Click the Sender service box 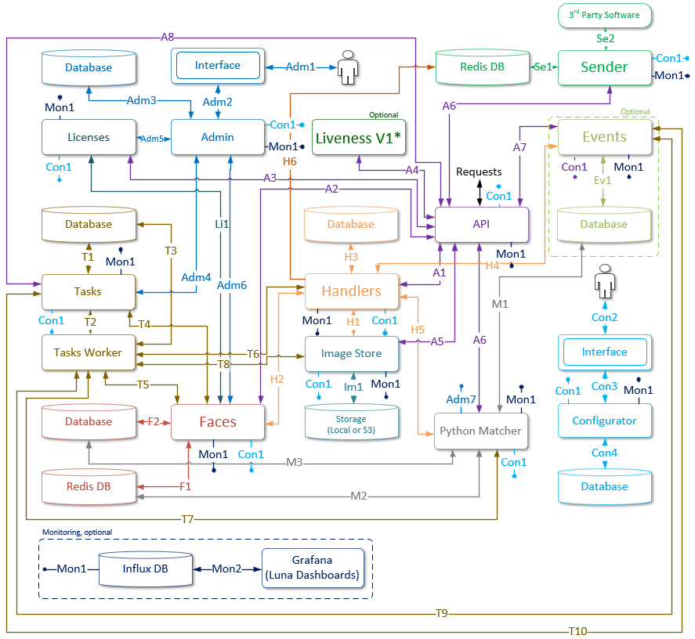pos(604,67)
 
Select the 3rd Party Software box pos(604,15)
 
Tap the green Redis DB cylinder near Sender pos(482,68)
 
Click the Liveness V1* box pos(359,138)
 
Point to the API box pos(481,224)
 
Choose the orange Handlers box pos(351,291)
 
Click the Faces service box pos(217,421)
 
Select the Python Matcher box pos(480,431)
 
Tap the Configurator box pos(604,421)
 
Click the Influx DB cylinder pos(145,569)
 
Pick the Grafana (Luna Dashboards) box pos(313,568)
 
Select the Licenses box pos(88,137)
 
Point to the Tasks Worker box pos(88,352)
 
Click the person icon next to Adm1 pos(347,67)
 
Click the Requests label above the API pos(479,171)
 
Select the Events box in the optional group pos(604,137)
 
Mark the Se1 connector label pos(542,67)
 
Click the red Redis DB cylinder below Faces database pos(88,486)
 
